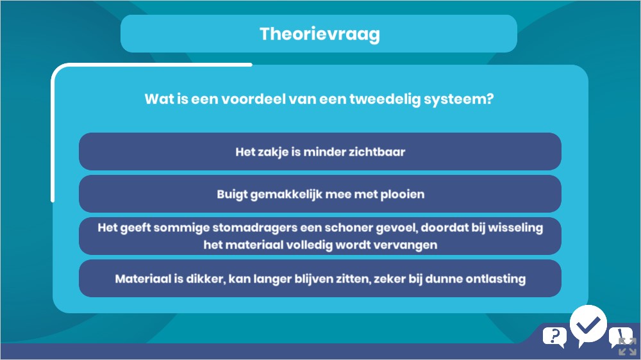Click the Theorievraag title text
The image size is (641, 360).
(320, 34)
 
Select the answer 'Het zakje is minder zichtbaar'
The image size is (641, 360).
(320, 152)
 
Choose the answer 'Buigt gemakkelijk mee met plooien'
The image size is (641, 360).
(320, 194)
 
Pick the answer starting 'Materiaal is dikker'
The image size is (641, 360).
(320, 279)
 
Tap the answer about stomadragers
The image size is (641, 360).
(320, 236)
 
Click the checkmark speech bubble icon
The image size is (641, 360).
(588, 325)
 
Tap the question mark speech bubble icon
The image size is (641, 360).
(554, 337)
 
